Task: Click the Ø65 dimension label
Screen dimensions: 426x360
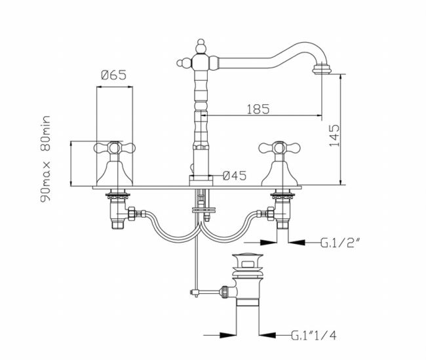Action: (114, 75)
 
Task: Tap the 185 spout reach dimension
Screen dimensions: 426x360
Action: (258, 109)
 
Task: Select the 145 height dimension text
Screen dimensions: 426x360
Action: (334, 136)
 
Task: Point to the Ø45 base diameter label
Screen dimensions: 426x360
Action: (235, 176)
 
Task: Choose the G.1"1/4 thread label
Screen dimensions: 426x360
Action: (314, 335)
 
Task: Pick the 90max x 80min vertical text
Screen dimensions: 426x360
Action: (45, 159)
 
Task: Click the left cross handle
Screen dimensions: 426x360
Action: (115, 148)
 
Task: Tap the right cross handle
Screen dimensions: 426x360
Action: (279, 148)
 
